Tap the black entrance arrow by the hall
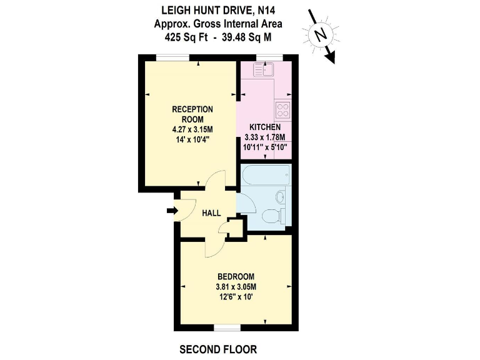pyautogui.click(x=172, y=211)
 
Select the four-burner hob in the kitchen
pyautogui.click(x=282, y=109)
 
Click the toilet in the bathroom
pyautogui.click(x=272, y=217)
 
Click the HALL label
pyautogui.click(x=211, y=213)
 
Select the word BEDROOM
pyautogui.click(x=236, y=277)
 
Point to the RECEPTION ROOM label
pyautogui.click(x=192, y=114)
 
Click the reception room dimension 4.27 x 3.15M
pyautogui.click(x=192, y=129)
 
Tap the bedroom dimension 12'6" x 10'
pyautogui.click(x=236, y=298)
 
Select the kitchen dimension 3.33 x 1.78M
pyautogui.click(x=264, y=137)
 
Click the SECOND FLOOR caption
pyautogui.click(x=217, y=348)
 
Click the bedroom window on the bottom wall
pyautogui.click(x=226, y=327)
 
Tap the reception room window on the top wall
pyautogui.click(x=173, y=57)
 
